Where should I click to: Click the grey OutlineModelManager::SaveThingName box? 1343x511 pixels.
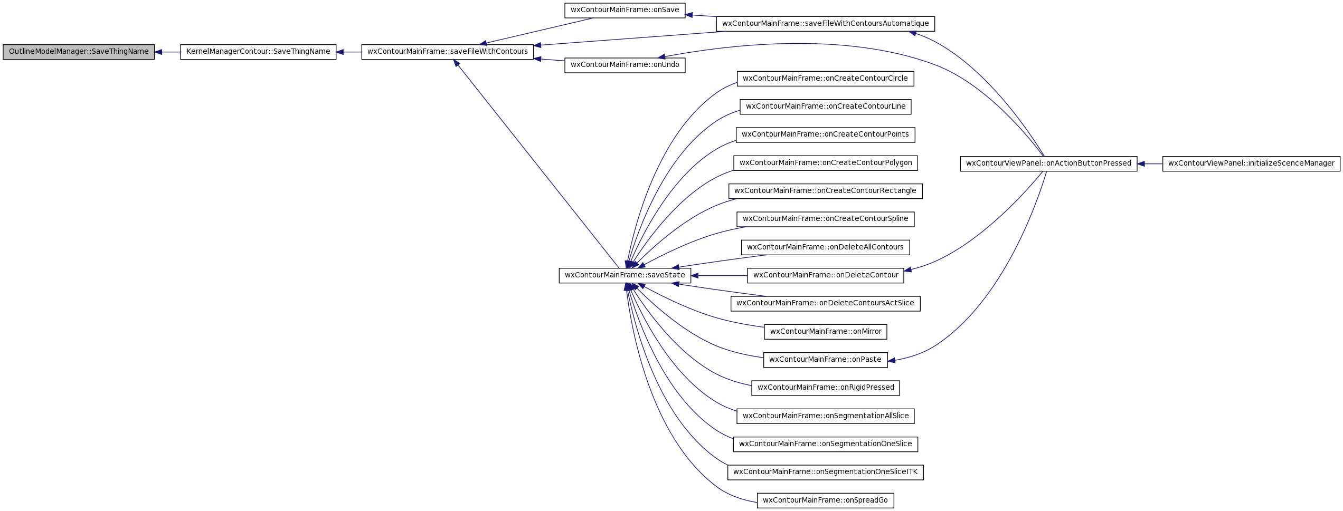click(79, 52)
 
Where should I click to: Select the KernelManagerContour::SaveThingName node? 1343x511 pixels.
click(258, 52)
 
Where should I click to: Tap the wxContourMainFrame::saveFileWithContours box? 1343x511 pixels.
click(448, 52)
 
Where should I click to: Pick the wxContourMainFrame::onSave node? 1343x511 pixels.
click(625, 11)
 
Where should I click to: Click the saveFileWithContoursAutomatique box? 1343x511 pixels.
click(826, 24)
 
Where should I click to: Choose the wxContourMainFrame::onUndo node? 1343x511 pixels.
click(625, 65)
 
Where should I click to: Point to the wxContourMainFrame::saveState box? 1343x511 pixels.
click(625, 276)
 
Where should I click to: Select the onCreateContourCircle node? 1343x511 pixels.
click(826, 79)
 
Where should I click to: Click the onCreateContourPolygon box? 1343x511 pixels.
click(826, 163)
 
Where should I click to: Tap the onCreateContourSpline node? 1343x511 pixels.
click(826, 219)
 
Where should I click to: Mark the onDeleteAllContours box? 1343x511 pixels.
click(826, 247)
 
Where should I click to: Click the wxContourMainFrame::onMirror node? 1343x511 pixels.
click(826, 332)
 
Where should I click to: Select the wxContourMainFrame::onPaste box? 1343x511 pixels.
click(826, 360)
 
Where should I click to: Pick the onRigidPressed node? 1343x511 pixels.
click(826, 388)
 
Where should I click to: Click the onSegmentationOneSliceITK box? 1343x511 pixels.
click(826, 473)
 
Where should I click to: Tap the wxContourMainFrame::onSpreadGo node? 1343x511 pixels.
click(826, 500)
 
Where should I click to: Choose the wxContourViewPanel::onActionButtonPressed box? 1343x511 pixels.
click(1048, 163)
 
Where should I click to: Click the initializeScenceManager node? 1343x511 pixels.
click(1251, 163)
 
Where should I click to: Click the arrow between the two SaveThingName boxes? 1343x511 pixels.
click(167, 52)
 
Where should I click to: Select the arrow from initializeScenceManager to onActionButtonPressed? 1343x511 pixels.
click(1150, 163)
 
